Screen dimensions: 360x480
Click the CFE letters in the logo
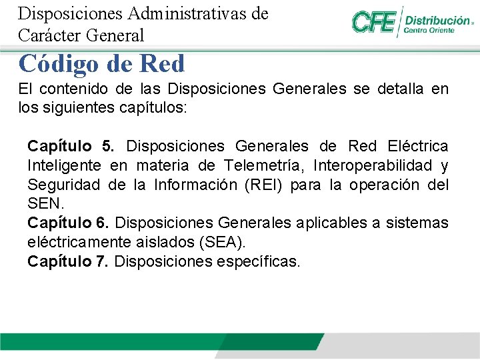pos(373,23)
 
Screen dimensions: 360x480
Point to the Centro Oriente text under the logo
pos(430,30)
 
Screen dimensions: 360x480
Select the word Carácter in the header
pos(48,35)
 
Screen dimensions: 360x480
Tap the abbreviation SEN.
pos(44,203)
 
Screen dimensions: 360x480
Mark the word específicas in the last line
pos(259,261)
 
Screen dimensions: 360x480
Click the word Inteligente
pos(64,165)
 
